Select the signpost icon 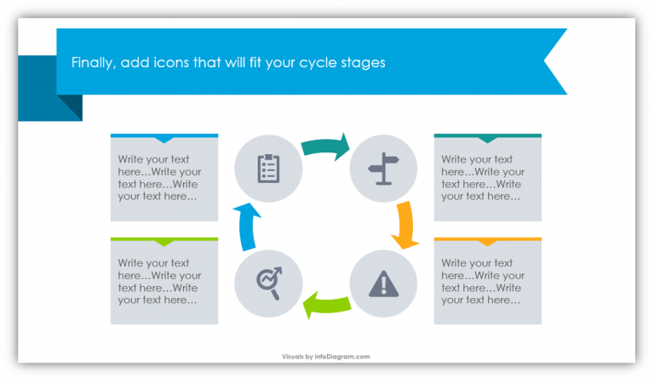click(382, 168)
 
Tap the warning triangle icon click(382, 282)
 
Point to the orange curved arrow click(404, 225)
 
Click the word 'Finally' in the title click(90, 63)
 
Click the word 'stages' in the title click(364, 63)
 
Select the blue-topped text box click(164, 178)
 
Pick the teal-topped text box click(487, 178)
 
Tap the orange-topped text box click(487, 282)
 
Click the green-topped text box click(164, 282)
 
